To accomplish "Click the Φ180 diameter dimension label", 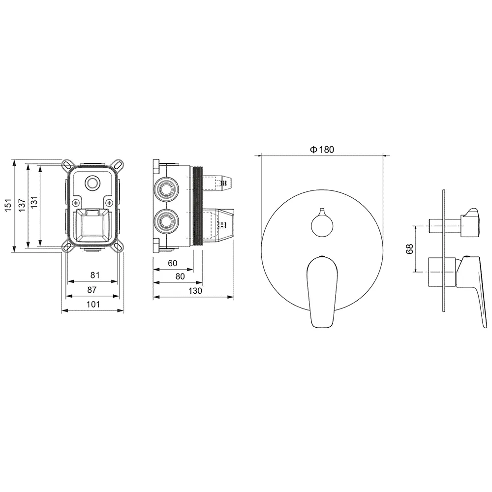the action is pos(322,150).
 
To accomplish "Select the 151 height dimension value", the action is pos(8,205).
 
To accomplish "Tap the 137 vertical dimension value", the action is pos(22,205).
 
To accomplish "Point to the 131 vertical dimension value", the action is pos(34,202).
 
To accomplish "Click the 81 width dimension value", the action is pos(95,275).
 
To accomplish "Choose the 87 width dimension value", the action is pos(92,289).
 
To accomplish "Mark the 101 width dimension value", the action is pos(93,304).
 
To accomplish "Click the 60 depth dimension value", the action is pos(173,263).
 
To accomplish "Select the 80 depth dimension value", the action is pos(180,277).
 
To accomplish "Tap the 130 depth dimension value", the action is pos(195,291).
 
